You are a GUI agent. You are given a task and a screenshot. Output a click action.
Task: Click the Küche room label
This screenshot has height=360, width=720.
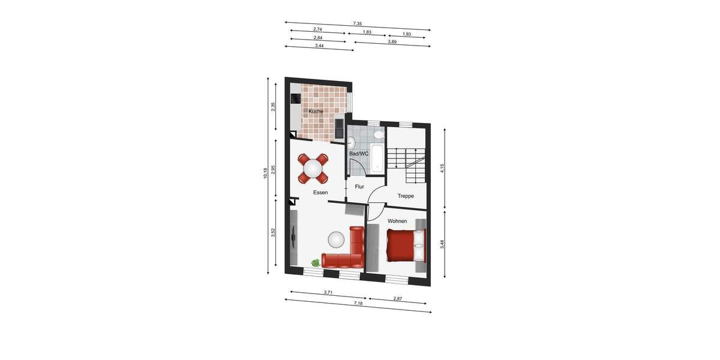(x=316, y=112)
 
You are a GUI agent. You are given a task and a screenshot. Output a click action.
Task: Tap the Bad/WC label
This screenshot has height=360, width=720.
(x=359, y=154)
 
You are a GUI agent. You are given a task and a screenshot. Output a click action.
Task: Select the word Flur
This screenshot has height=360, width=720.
(x=359, y=187)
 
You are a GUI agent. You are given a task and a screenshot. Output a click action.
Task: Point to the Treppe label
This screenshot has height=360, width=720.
(x=406, y=196)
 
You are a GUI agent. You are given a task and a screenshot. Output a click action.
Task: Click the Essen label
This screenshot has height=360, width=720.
(x=320, y=193)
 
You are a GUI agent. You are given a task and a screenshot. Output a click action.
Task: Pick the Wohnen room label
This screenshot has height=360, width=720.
(x=397, y=221)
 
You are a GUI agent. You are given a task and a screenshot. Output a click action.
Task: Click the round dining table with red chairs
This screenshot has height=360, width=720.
(x=313, y=169)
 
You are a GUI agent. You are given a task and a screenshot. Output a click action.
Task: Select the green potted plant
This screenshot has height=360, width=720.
(x=316, y=262)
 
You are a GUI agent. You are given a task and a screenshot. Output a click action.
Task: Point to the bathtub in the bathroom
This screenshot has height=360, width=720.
(x=377, y=158)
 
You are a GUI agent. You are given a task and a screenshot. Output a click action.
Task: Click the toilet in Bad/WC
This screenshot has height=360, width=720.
(x=377, y=135)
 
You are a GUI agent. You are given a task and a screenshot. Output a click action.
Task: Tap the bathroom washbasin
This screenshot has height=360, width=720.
(x=351, y=142)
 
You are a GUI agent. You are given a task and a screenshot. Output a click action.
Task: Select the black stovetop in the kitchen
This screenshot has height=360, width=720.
(x=295, y=97)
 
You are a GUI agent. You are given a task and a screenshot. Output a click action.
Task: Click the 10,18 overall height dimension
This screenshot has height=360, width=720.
(x=265, y=174)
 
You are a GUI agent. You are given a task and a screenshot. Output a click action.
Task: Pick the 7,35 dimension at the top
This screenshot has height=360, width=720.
(x=358, y=24)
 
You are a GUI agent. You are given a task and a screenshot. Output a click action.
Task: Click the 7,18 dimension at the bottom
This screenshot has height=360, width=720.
(x=358, y=304)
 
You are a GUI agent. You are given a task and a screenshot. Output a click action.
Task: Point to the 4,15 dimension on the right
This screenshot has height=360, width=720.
(x=442, y=169)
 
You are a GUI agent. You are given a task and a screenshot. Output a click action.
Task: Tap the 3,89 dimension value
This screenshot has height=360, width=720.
(x=392, y=42)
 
